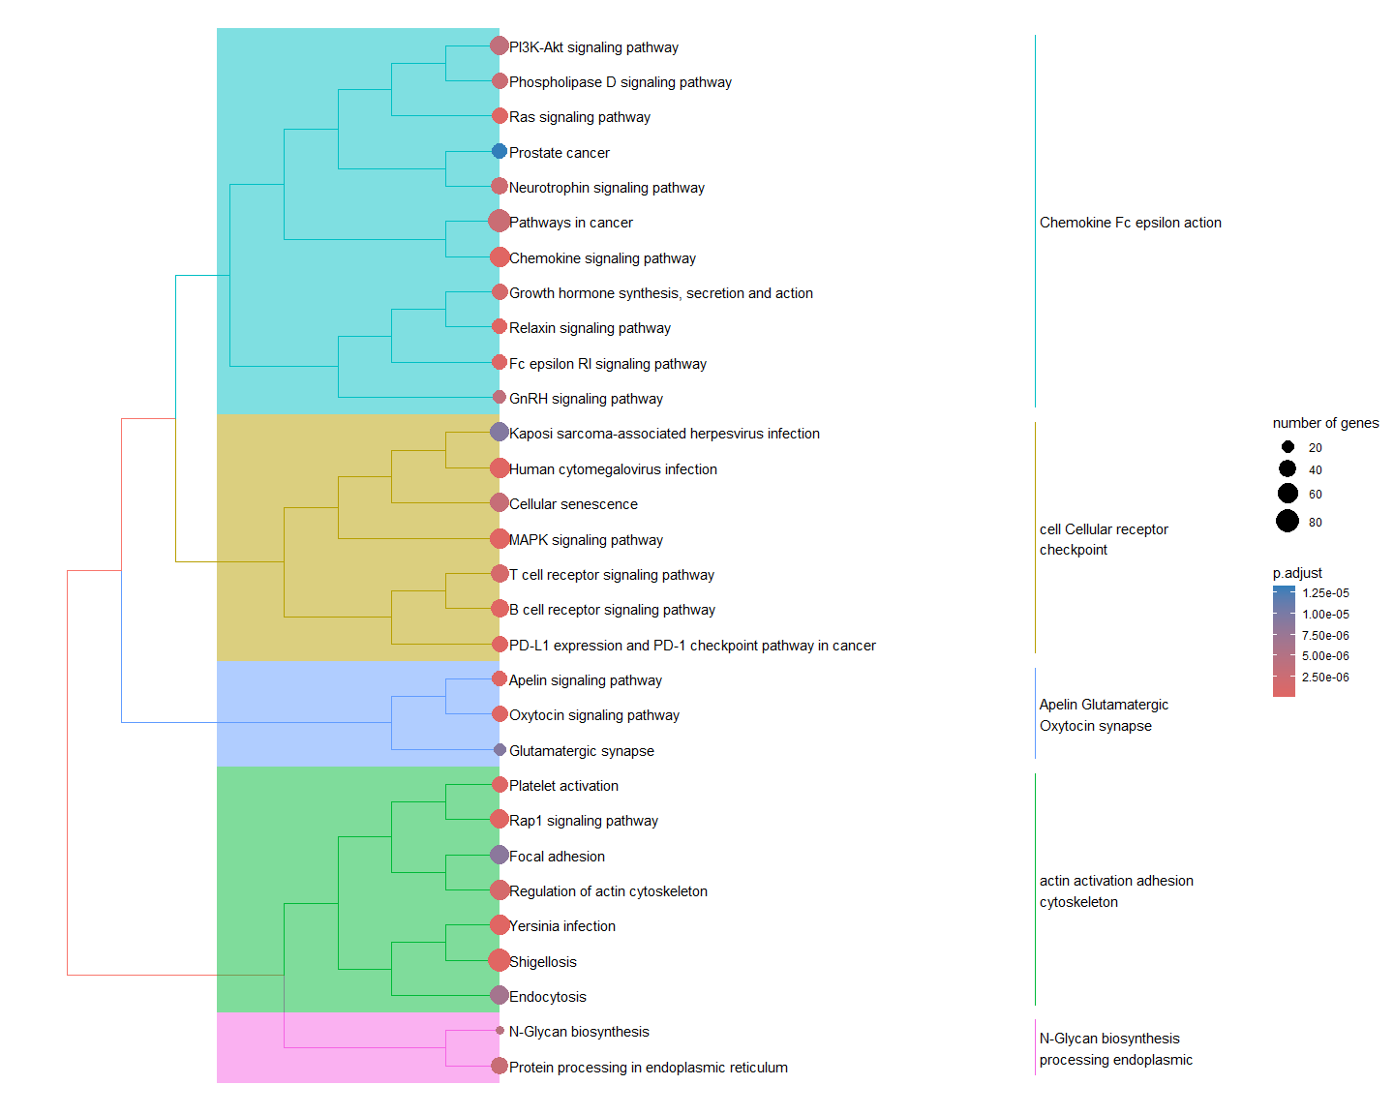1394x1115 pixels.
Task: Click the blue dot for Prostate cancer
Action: click(500, 151)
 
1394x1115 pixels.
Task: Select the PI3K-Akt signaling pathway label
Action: click(593, 47)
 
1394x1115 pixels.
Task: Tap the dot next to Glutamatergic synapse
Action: click(500, 750)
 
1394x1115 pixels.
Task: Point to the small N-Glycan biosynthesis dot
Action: click(500, 1031)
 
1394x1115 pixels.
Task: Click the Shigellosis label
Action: click(543, 962)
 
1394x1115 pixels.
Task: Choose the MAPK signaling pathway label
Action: click(586, 540)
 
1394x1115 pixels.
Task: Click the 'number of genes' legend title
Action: click(1325, 423)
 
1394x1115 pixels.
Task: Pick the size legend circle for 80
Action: click(1288, 522)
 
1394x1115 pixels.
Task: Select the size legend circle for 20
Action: click(1288, 447)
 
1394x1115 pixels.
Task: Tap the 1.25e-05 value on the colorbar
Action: click(1325, 593)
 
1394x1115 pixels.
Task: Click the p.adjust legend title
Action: click(1297, 573)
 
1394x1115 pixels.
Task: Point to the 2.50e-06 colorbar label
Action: click(1325, 678)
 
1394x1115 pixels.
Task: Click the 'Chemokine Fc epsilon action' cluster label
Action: click(1130, 223)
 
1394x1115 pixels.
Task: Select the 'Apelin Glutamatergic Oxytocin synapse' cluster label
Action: click(1104, 715)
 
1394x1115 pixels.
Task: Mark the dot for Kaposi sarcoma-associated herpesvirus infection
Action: click(500, 432)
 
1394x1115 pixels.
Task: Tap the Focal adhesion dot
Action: click(500, 855)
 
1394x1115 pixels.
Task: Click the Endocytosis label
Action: click(548, 997)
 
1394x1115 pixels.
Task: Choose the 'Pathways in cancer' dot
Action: click(500, 222)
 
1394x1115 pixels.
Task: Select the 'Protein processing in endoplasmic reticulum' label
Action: click(649, 1068)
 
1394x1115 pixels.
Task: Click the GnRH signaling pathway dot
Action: click(500, 397)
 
